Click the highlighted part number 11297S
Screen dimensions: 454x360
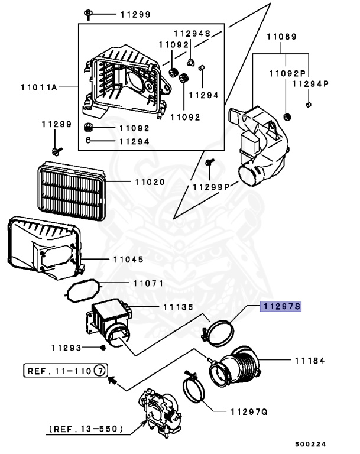pos(281,306)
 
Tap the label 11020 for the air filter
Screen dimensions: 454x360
pos(149,183)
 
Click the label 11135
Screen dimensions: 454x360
pos(178,307)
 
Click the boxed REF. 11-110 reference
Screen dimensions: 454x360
pos(66,371)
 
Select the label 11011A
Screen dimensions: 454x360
pos(38,87)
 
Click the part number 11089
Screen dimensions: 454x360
pos(281,37)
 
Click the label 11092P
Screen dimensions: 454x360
pos(287,74)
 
